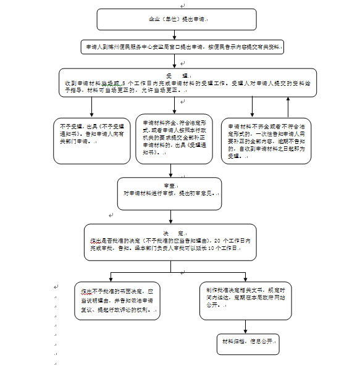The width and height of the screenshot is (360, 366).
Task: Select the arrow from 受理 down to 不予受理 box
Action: pyautogui.click(x=91, y=106)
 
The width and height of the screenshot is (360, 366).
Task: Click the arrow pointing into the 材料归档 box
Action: pyautogui.click(x=245, y=326)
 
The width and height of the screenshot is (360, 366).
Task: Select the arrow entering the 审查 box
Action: pyautogui.click(x=169, y=171)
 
